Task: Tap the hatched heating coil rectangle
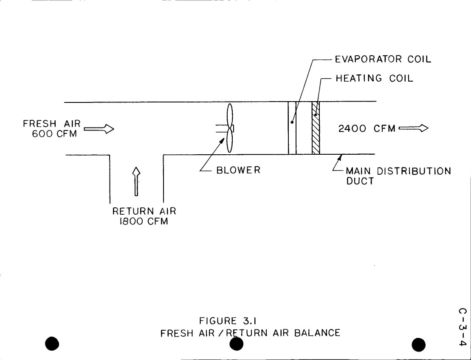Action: (x=316, y=128)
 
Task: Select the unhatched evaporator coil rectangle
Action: (x=292, y=128)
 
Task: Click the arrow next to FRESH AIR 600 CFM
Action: (x=99, y=129)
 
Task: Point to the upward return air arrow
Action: (x=136, y=181)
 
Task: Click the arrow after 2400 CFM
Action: (x=413, y=128)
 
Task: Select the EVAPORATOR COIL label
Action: (x=383, y=59)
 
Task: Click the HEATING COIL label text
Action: (x=374, y=79)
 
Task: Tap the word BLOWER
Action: (x=238, y=170)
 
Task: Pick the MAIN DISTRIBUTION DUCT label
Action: (x=398, y=176)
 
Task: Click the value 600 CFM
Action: (x=54, y=134)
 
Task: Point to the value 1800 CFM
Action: (x=144, y=221)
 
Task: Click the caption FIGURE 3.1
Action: (x=228, y=321)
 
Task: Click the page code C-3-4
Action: (x=463, y=327)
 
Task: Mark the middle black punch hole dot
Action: (x=237, y=344)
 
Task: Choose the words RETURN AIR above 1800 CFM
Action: (x=144, y=211)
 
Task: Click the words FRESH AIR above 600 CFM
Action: (x=52, y=124)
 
